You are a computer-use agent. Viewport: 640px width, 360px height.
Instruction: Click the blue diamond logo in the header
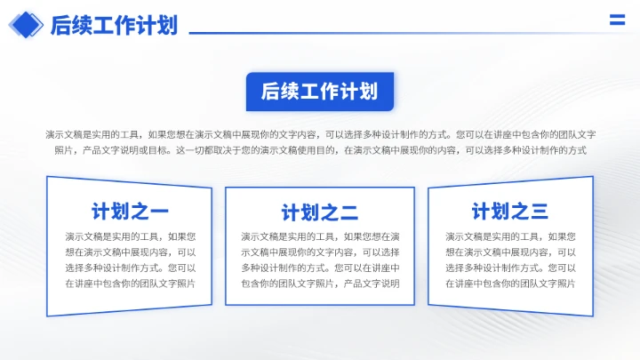tap(26, 25)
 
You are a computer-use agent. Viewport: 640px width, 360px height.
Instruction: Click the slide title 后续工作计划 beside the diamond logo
tap(114, 25)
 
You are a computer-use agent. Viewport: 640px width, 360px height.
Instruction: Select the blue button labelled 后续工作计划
tap(320, 92)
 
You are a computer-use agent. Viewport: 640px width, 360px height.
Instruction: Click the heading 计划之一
tap(130, 212)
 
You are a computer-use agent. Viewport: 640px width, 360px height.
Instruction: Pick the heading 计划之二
tap(320, 212)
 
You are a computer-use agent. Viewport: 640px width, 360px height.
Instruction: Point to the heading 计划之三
tap(510, 211)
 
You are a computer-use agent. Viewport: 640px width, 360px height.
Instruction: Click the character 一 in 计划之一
tap(159, 212)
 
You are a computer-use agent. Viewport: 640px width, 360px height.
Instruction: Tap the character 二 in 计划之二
tap(349, 212)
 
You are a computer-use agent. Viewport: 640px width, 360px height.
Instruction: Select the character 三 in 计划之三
tap(540, 211)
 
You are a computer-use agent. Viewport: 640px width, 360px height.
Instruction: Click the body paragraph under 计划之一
tap(130, 260)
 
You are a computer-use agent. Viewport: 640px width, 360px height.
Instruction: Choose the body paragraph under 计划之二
tap(320, 260)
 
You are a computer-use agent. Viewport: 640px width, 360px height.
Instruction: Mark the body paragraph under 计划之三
tap(510, 260)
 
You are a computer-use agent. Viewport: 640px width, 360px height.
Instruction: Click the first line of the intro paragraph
tap(320, 134)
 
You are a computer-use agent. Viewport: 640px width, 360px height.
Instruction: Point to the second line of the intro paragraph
tap(320, 150)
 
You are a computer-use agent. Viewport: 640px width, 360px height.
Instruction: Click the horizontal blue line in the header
tap(391, 33)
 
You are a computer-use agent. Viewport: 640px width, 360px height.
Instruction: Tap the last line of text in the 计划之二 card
tap(320, 284)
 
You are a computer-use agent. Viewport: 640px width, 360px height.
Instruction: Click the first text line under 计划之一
tap(130, 236)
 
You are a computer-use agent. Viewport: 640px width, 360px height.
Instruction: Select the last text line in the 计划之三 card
tap(510, 284)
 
